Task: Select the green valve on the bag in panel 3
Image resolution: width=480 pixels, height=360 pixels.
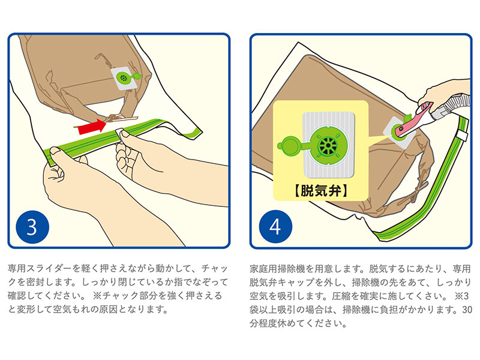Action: point(126,78)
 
